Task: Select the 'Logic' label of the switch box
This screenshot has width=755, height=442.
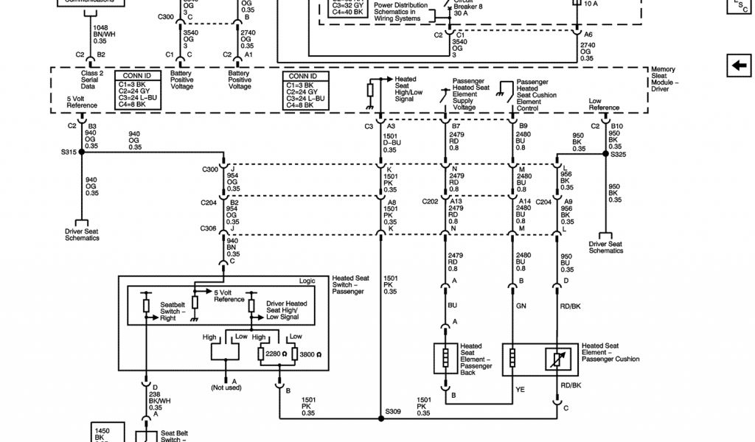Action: (307, 281)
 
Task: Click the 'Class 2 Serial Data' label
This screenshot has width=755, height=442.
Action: (94, 80)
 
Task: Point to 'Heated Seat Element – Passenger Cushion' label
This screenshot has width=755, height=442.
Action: (610, 352)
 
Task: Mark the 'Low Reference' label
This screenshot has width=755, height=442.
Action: (604, 104)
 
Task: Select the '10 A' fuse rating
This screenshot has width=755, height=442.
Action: (591, 4)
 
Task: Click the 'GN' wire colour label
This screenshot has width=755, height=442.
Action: (521, 305)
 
